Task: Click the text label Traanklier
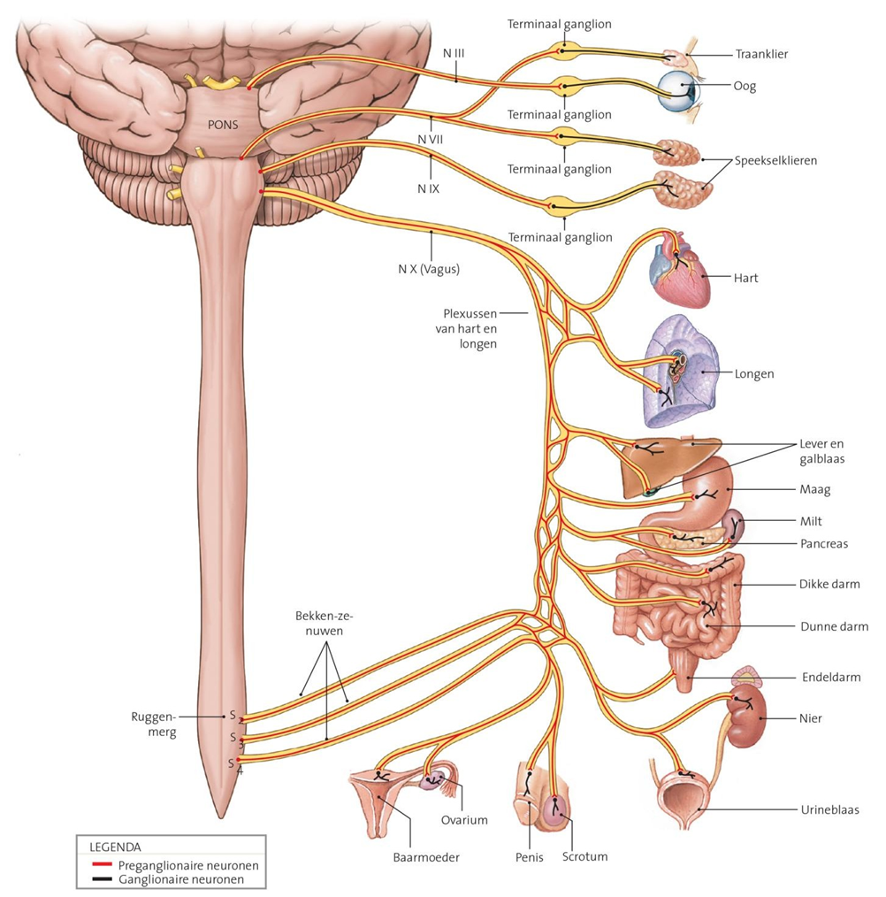coord(761,55)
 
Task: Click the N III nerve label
coord(454,53)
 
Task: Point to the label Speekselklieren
coord(775,161)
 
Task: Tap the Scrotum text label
coord(584,856)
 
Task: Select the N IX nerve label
coord(428,188)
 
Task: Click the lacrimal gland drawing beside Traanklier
coord(676,57)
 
